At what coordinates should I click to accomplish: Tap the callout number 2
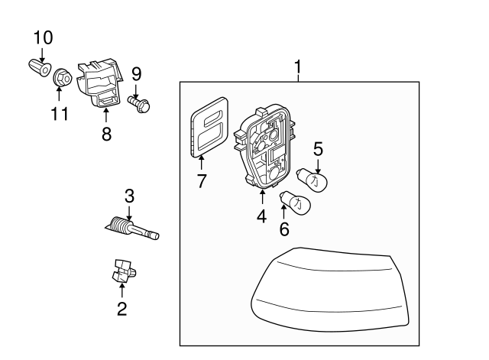pos(121,309)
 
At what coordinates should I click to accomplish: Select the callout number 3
pos(130,195)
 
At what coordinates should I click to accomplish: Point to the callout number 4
pos(262,216)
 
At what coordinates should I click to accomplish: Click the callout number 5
pos(318,149)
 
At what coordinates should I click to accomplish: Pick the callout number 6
pos(283,229)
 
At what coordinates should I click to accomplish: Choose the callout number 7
pos(202,183)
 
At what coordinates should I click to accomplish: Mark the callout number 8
pos(106,134)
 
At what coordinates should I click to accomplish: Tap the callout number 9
pos(137,74)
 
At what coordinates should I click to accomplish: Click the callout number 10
pos(43,37)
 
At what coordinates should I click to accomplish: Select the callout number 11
pos(60,114)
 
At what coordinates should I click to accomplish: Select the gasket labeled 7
pos(209,128)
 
